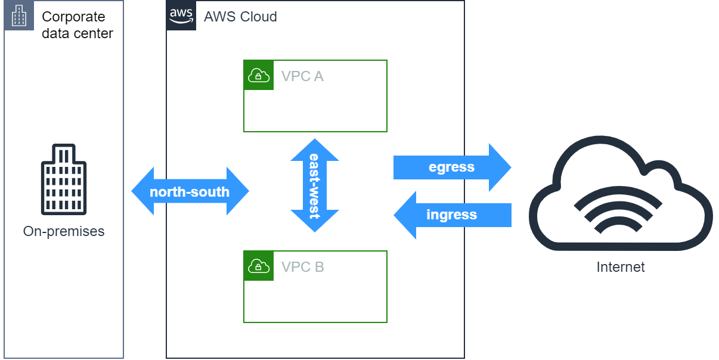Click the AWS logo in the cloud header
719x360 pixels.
coord(181,15)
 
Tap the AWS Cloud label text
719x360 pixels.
coord(240,17)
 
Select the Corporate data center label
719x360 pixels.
coord(77,25)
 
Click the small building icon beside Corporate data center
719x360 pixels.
coord(19,15)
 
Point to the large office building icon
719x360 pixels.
coord(64,179)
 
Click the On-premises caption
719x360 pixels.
coord(64,231)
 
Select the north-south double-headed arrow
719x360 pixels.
coord(190,191)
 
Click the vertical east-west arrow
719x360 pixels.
coord(315,185)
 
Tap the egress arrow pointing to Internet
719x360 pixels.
coord(452,167)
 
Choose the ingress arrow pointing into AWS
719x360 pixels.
coord(452,215)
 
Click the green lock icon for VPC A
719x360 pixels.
coord(258,75)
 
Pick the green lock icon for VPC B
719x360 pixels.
coord(258,266)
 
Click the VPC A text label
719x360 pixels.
coord(302,76)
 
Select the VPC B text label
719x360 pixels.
coord(302,267)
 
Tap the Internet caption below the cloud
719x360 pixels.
coord(621,267)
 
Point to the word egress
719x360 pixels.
coord(451,167)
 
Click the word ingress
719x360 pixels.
coord(451,215)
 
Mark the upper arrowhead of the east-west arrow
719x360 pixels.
coord(315,149)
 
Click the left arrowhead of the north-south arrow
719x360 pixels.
coord(142,191)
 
